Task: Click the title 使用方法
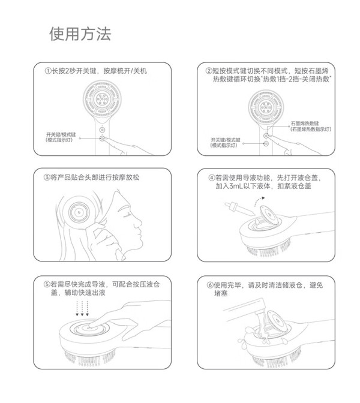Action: click(x=80, y=34)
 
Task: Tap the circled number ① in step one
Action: click(x=48, y=71)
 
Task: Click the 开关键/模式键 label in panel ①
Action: click(x=61, y=134)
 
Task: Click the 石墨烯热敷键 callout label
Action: click(x=305, y=124)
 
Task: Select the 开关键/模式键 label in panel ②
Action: click(x=226, y=140)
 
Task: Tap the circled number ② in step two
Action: click(x=209, y=71)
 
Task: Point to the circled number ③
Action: click(x=47, y=178)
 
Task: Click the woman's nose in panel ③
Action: click(x=139, y=221)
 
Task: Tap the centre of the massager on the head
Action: click(x=79, y=212)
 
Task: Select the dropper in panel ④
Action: click(x=239, y=209)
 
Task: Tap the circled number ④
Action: click(x=212, y=178)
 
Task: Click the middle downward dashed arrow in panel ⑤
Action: click(x=82, y=308)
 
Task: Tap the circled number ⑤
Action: click(x=47, y=284)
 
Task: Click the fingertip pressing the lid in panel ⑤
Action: click(x=91, y=325)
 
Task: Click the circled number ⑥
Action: click(x=211, y=285)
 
